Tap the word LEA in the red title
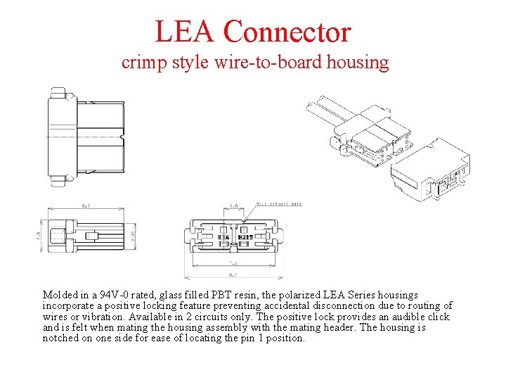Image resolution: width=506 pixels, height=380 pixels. click(x=184, y=32)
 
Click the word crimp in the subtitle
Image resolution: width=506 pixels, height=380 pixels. click(x=142, y=63)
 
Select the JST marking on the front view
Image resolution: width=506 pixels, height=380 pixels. click(x=245, y=238)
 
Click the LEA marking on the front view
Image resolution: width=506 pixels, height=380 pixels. click(x=223, y=238)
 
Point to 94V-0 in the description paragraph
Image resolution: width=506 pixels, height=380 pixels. click(x=113, y=295)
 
